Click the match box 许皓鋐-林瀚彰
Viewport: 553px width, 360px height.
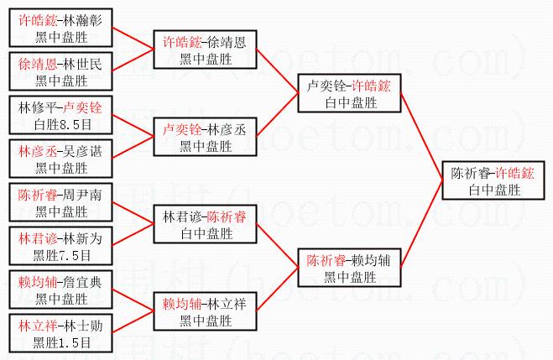point(60,27)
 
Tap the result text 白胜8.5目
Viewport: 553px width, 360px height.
point(60,123)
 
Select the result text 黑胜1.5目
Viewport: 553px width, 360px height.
point(60,342)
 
